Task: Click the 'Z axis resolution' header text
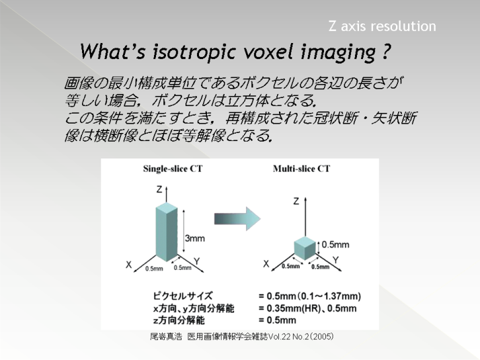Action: point(382,26)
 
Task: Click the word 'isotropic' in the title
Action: point(194,52)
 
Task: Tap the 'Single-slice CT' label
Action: point(173,169)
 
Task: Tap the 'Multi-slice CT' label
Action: point(302,169)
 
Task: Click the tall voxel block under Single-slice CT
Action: point(167,232)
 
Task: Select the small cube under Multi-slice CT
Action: point(305,248)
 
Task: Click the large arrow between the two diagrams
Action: point(237,219)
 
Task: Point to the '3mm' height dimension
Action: point(195,238)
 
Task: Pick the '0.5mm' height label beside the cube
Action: point(335,244)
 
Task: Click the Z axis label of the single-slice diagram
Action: point(159,189)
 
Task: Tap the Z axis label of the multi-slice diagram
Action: point(296,201)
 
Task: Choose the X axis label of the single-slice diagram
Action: point(128,265)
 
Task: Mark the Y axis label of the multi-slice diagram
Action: point(336,261)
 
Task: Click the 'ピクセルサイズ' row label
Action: point(183,296)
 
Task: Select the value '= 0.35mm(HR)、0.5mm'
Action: point(307,308)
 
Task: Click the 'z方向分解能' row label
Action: point(179,320)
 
